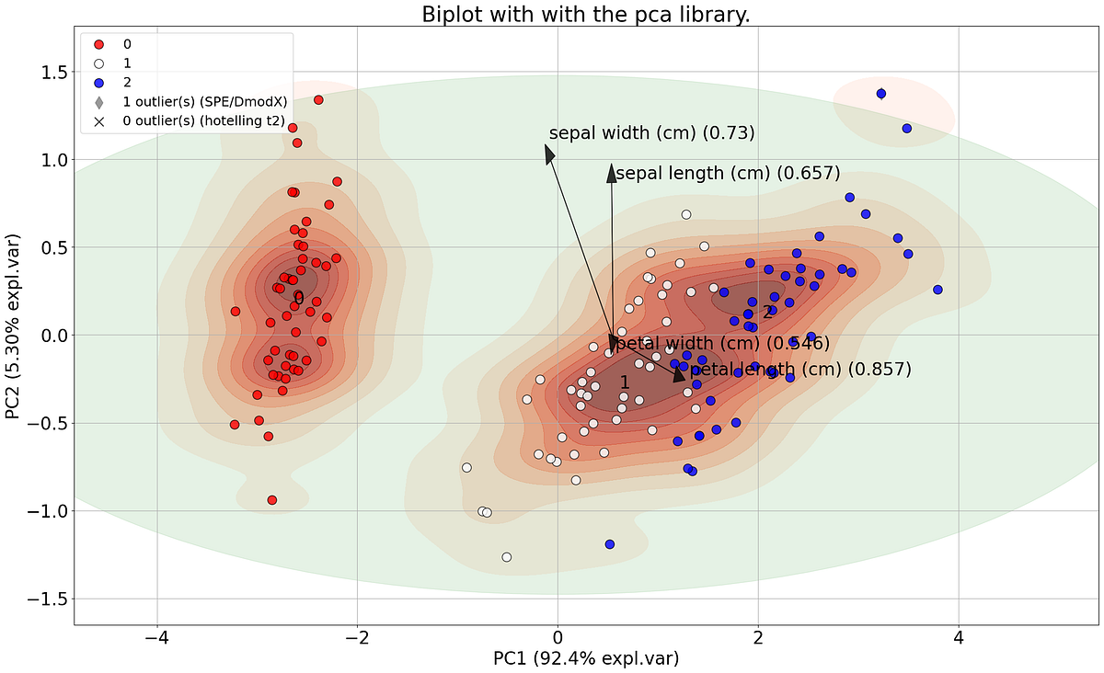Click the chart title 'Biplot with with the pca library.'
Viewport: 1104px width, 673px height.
point(587,15)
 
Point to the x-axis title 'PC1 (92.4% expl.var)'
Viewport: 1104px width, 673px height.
point(586,658)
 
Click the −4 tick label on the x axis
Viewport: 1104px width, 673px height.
point(156,638)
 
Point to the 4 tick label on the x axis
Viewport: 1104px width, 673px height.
point(959,638)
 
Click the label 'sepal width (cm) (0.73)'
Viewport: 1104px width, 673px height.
point(651,133)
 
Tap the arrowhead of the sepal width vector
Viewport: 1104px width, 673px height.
point(550,155)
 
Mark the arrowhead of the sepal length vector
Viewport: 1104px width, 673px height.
point(611,172)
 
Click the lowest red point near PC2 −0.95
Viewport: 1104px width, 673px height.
point(271,500)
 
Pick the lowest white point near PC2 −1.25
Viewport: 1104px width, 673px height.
point(506,557)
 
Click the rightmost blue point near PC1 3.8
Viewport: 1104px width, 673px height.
point(937,290)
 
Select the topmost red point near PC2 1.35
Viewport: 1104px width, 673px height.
point(318,100)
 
